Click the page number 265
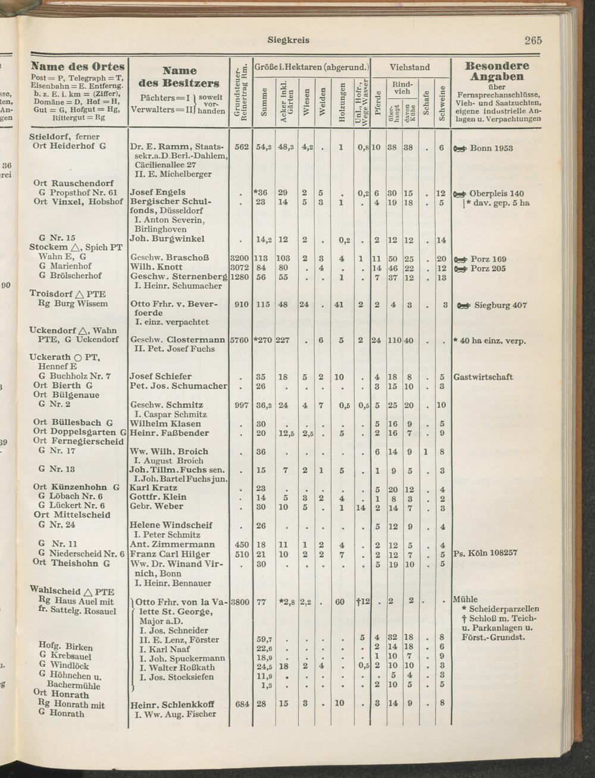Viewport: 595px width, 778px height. pyautogui.click(x=533, y=41)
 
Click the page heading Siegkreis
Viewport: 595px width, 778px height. pyautogui.click(x=289, y=40)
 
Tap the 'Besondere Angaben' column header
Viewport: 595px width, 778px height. pyautogui.click(x=497, y=71)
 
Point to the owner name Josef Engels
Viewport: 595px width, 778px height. pyautogui.click(x=158, y=193)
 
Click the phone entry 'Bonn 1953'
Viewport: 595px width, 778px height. pyautogui.click(x=491, y=148)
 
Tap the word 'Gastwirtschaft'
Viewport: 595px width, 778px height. pyautogui.click(x=483, y=377)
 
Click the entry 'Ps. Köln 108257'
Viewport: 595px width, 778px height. pyautogui.click(x=485, y=553)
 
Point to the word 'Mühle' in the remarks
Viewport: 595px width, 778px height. pyautogui.click(x=465, y=599)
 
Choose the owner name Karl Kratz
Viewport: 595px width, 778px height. pyautogui.click(x=154, y=488)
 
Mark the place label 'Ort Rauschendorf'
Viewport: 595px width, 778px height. pyautogui.click(x=74, y=183)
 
